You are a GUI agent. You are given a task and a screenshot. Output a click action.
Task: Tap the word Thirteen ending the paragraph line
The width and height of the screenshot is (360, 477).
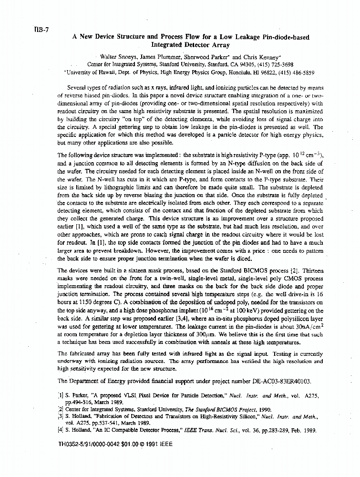click(x=310, y=270)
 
